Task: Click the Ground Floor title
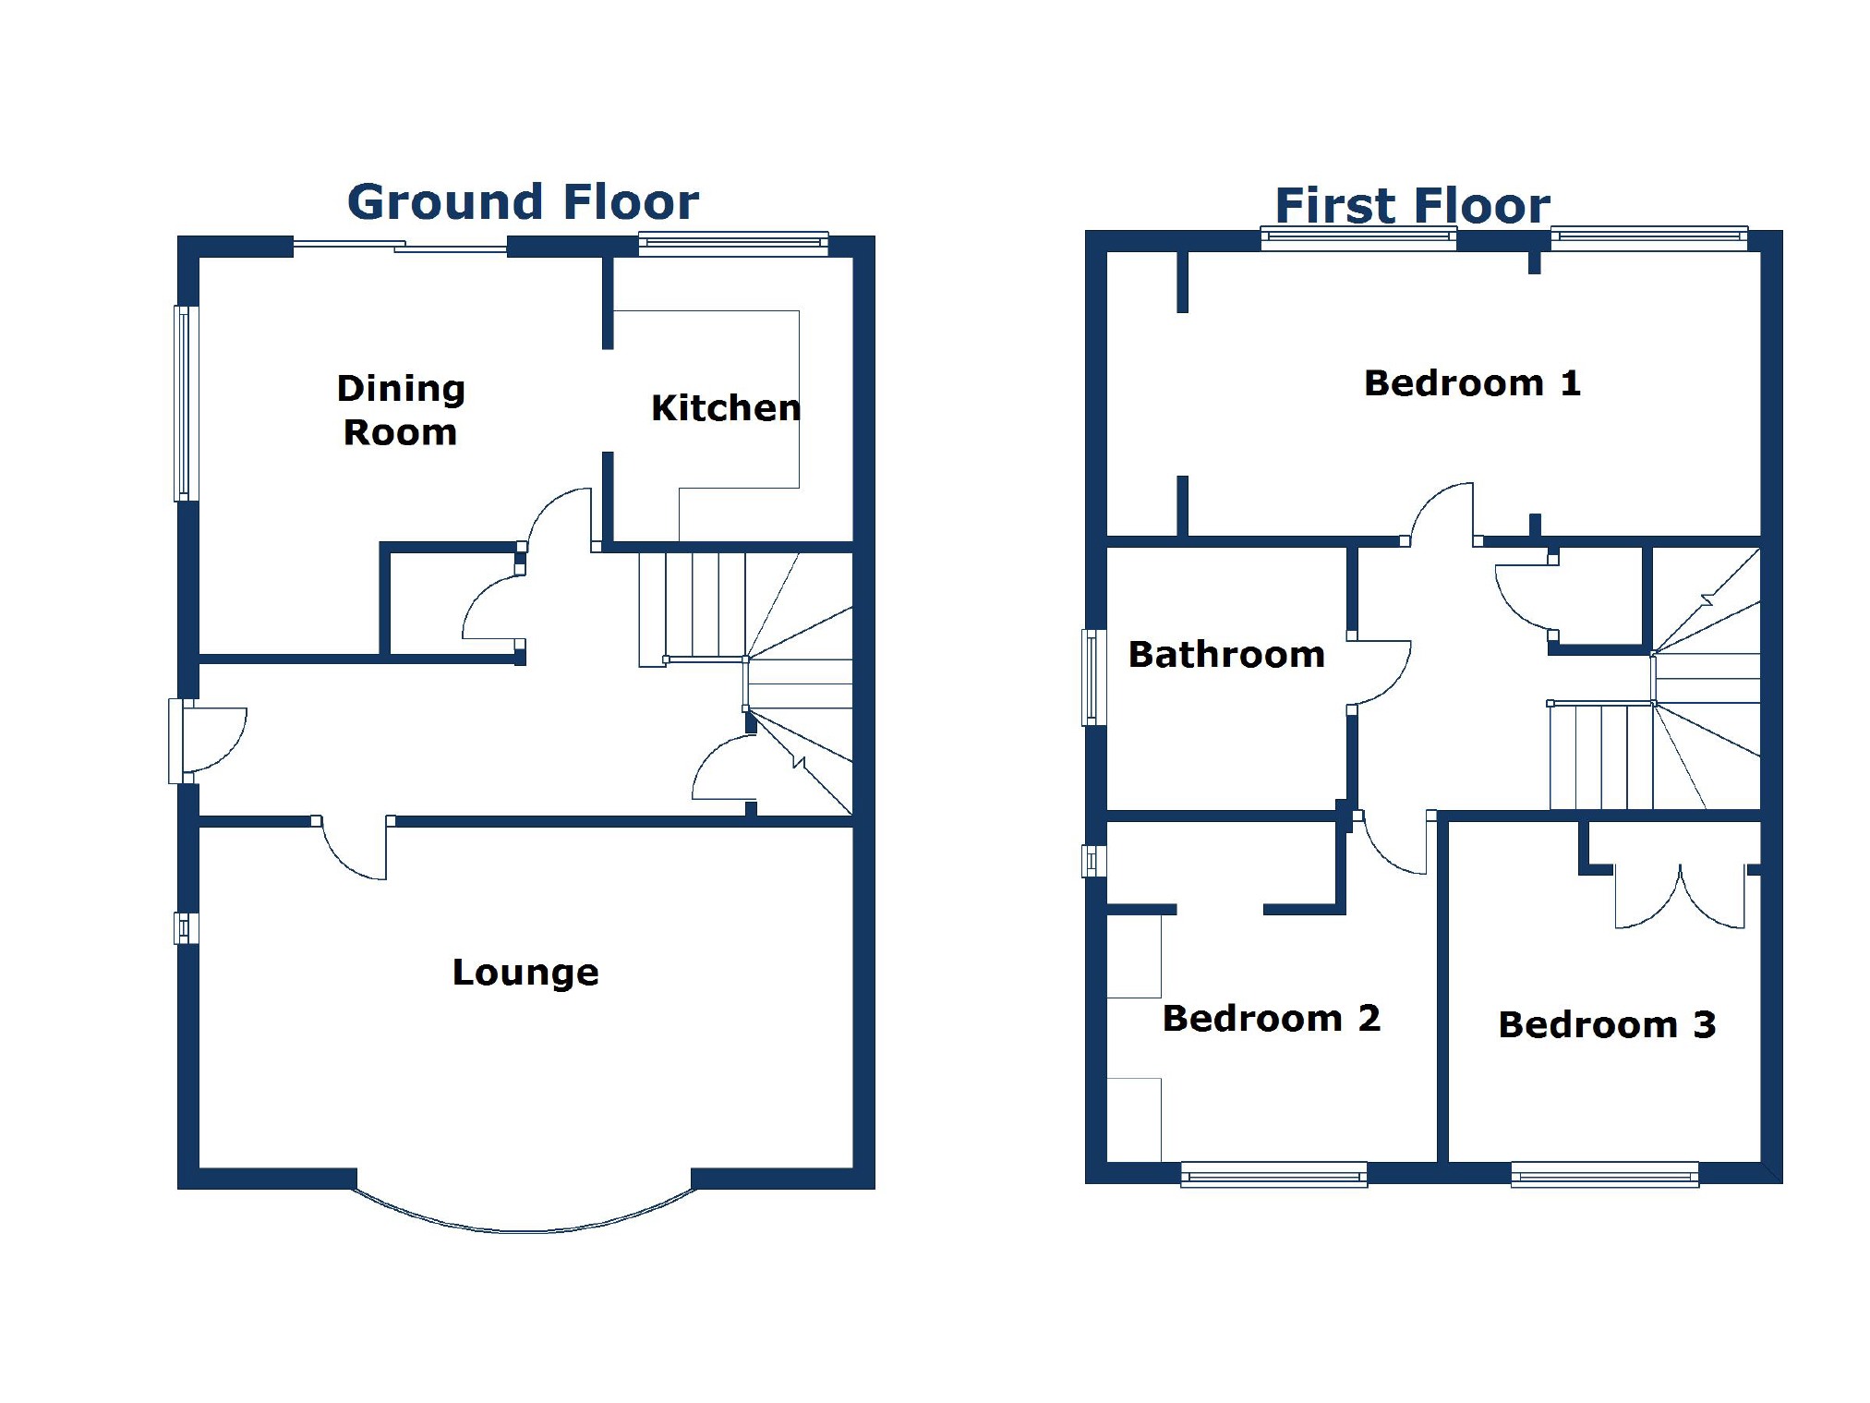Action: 523,202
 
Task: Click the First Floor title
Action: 1412,205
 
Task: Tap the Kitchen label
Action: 726,407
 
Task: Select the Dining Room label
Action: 401,410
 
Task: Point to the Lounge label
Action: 525,973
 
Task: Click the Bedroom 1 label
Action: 1472,382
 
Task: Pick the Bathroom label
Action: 1226,654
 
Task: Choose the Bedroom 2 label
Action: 1271,1018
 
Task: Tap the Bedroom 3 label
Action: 1607,1024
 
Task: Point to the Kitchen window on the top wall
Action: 733,243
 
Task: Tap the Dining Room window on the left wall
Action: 187,404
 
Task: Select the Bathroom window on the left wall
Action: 1094,677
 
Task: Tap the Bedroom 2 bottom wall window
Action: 1273,1175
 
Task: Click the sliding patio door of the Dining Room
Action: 400,247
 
